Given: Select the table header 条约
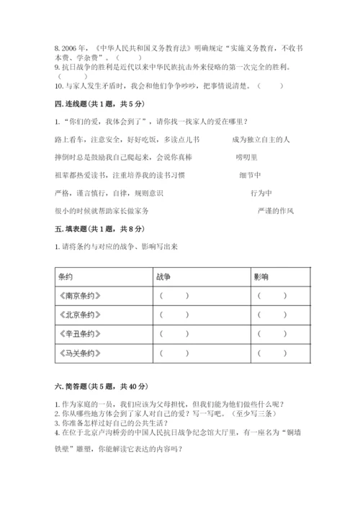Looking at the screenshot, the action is click(66, 276).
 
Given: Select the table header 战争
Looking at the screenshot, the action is click(163, 276).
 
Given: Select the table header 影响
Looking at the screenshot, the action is click(261, 276).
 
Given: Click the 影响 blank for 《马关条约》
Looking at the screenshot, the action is click(273, 353).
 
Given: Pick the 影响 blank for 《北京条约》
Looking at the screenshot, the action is click(273, 315).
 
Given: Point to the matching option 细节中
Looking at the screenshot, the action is click(251, 175).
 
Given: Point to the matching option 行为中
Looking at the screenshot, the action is click(261, 193).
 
